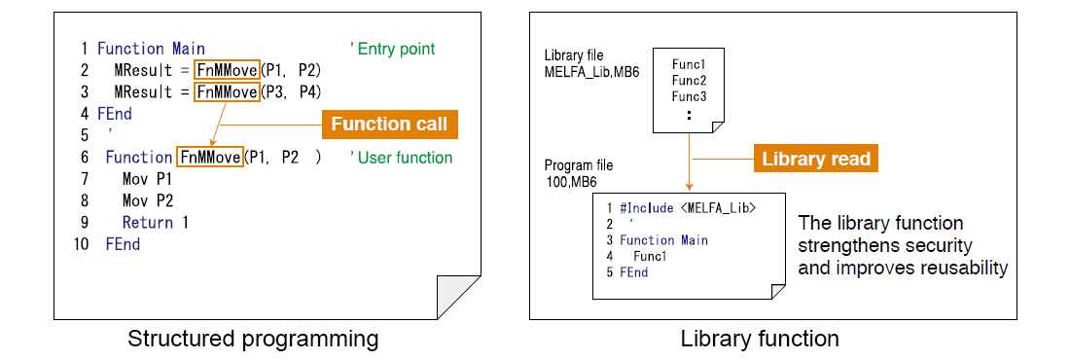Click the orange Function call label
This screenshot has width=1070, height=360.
coord(389,125)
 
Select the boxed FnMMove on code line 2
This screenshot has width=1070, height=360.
coord(227,71)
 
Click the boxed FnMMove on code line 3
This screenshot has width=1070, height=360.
coord(227,92)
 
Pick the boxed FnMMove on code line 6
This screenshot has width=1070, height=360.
coord(210,158)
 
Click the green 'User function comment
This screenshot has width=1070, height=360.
coord(401,158)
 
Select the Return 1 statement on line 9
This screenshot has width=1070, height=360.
coord(155,223)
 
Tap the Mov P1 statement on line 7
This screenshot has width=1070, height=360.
coord(146,179)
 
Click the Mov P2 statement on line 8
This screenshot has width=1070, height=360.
coord(146,201)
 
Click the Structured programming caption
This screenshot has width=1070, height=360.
coord(253,340)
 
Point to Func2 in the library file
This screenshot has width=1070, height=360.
coord(689,80)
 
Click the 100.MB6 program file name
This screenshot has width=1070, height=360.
coord(572,182)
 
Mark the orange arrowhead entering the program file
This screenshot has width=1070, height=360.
coord(690,185)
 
